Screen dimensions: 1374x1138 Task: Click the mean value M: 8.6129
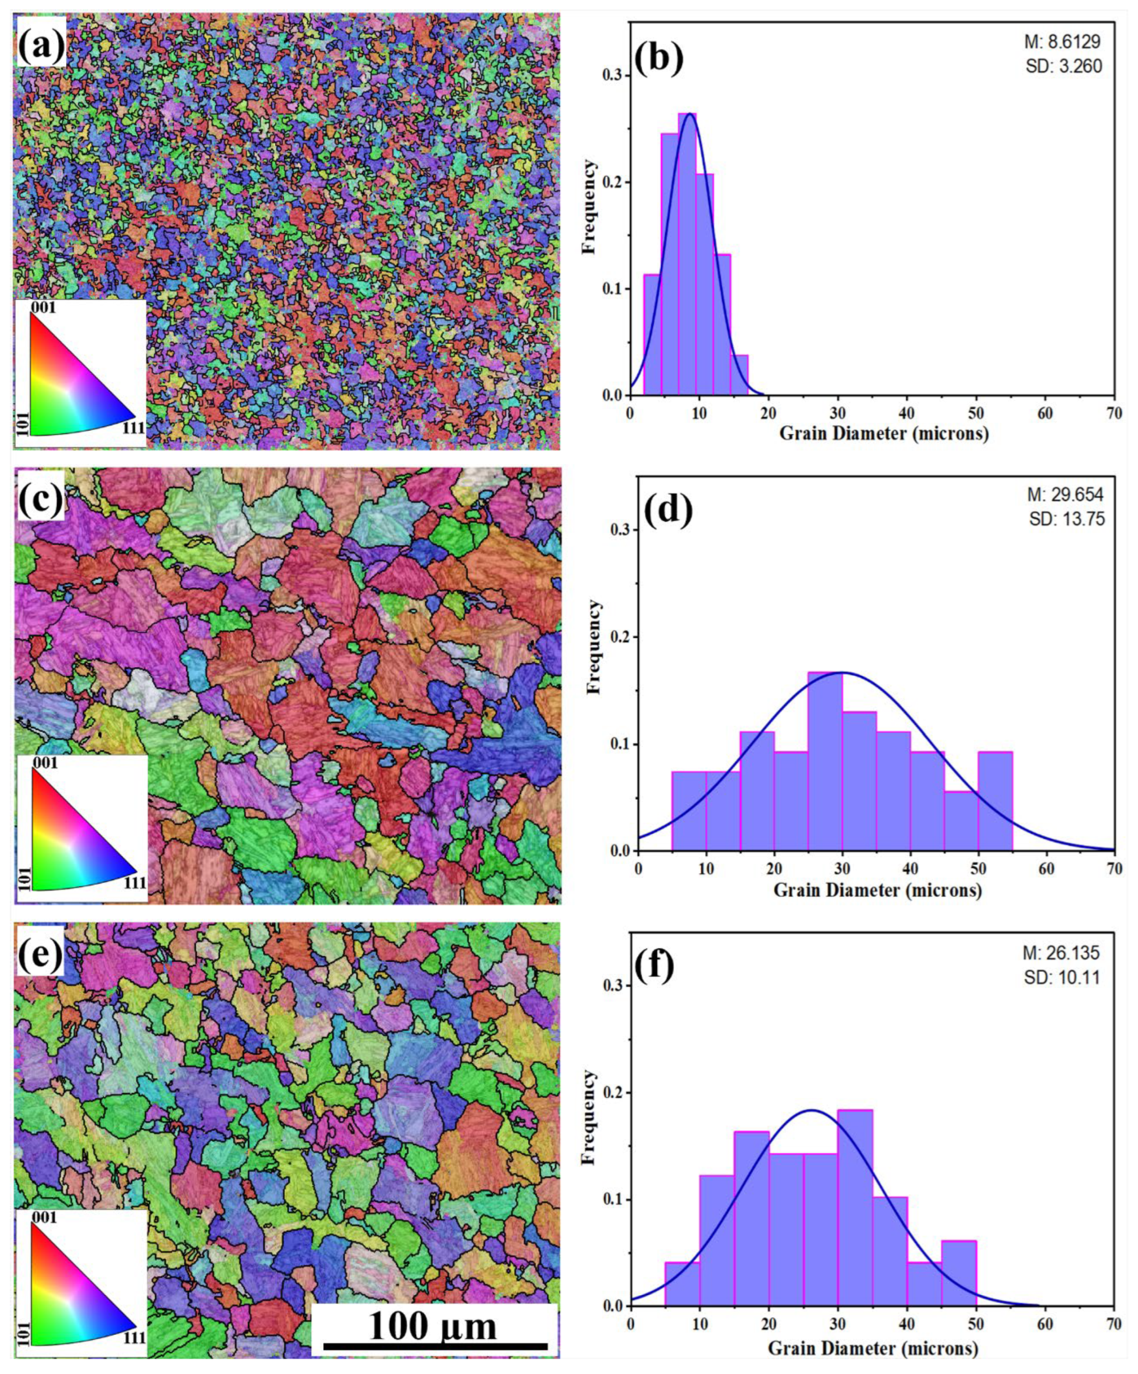(1062, 42)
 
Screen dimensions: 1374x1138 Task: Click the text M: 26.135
(1062, 953)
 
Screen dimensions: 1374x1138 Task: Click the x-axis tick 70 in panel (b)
(1114, 414)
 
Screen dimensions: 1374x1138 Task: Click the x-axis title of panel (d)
(877, 890)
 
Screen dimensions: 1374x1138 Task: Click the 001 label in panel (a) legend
(43, 307)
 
